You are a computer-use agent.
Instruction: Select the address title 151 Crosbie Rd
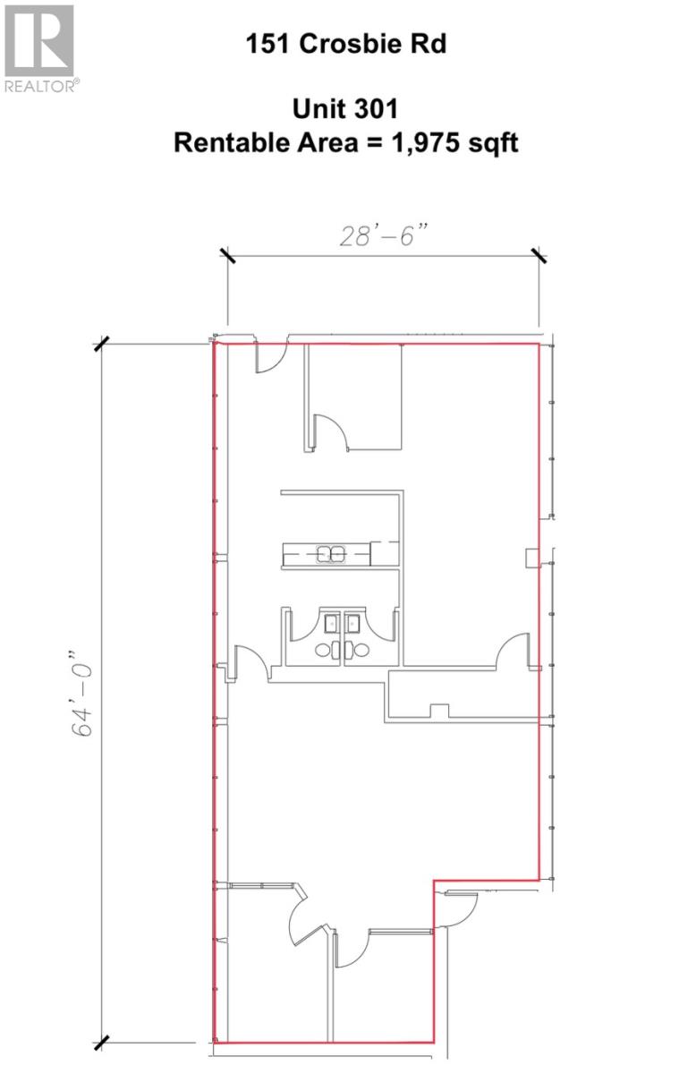point(346,45)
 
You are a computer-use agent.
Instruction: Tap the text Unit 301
point(345,110)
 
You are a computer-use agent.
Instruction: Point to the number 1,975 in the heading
point(424,142)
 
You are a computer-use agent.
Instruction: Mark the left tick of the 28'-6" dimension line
point(227,256)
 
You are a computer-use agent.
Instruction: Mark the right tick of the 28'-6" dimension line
point(539,256)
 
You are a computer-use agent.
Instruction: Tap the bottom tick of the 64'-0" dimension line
point(101,1043)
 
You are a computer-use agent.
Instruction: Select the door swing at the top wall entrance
point(269,360)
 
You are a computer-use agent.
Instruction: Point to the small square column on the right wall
point(531,558)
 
